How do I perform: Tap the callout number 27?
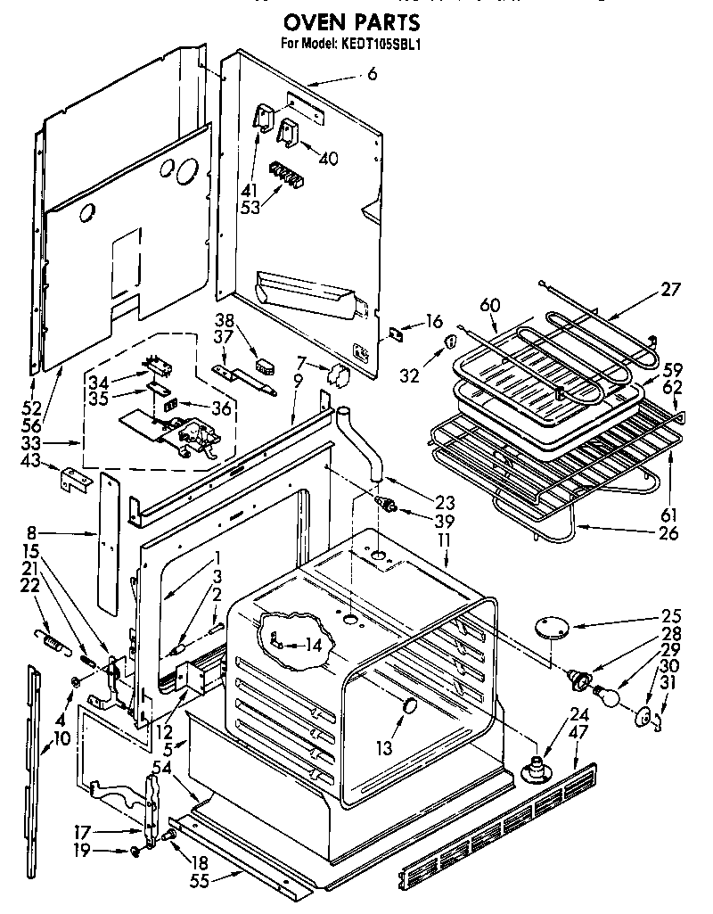(670, 289)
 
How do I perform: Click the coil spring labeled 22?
(53, 642)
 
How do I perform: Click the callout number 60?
(489, 305)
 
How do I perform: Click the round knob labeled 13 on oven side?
(411, 708)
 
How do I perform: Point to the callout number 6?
(372, 75)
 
